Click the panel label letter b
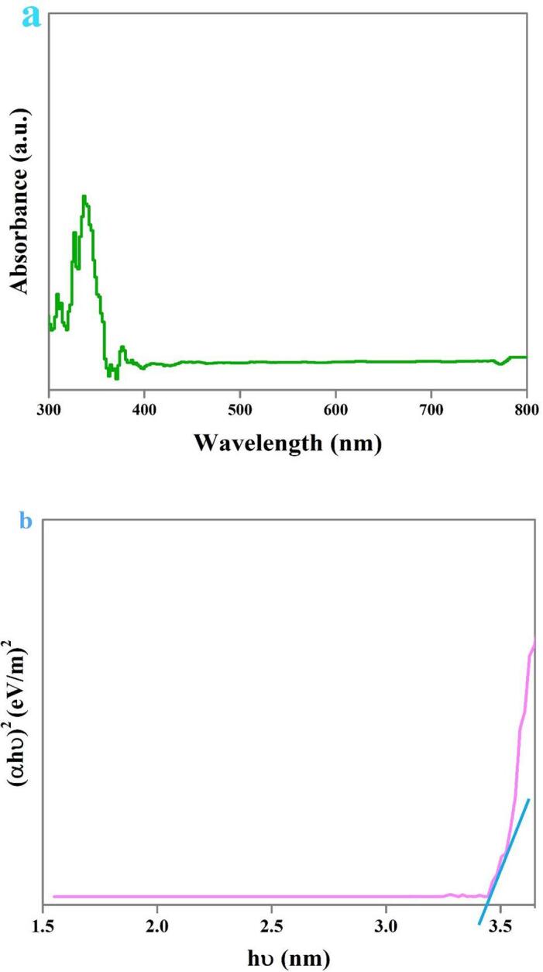[26, 522]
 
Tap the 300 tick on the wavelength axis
[49, 406]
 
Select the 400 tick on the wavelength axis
[144, 406]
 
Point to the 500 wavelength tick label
[240, 406]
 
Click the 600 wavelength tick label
[335, 406]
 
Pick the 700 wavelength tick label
[431, 406]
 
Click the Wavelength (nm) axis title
[287, 443]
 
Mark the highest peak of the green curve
[84, 197]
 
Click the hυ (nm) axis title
[287, 959]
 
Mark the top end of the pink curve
[534, 642]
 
